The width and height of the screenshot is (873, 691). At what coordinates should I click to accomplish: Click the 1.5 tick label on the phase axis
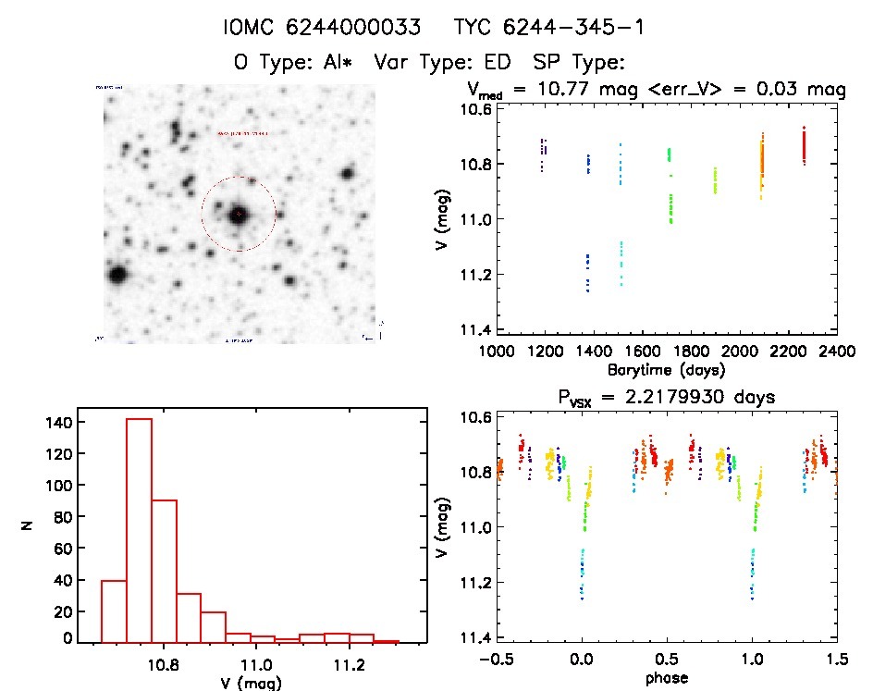[x=836, y=659]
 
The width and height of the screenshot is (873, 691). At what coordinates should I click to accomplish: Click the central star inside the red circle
[x=239, y=213]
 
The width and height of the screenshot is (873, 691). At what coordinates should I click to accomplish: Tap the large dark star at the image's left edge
[x=117, y=275]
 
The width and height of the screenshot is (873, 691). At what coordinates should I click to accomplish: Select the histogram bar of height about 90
[x=164, y=571]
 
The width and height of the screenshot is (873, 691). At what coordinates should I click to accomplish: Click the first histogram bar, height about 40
[x=114, y=611]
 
